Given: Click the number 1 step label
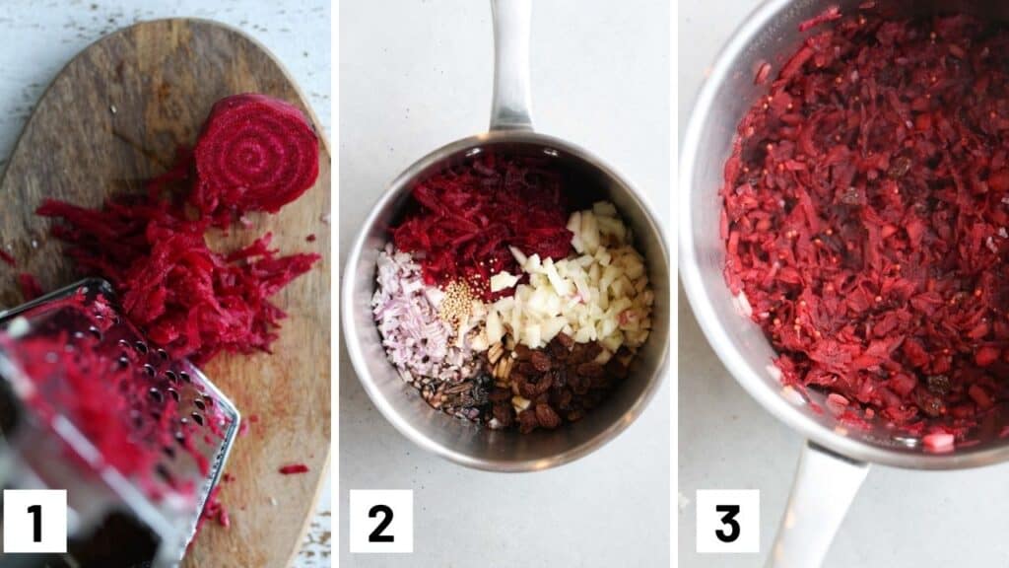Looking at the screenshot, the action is pos(34,521).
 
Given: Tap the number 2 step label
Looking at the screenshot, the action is pos(381,521).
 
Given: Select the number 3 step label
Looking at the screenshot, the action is pos(727,521).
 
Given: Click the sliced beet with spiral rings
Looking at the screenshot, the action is pos(256,153).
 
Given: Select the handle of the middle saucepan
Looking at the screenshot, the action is pos(511,64).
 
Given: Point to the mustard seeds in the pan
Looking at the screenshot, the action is pos(458,302).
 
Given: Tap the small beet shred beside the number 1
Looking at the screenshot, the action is pos(294,468).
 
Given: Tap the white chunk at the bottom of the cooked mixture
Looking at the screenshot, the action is pos(937,441).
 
